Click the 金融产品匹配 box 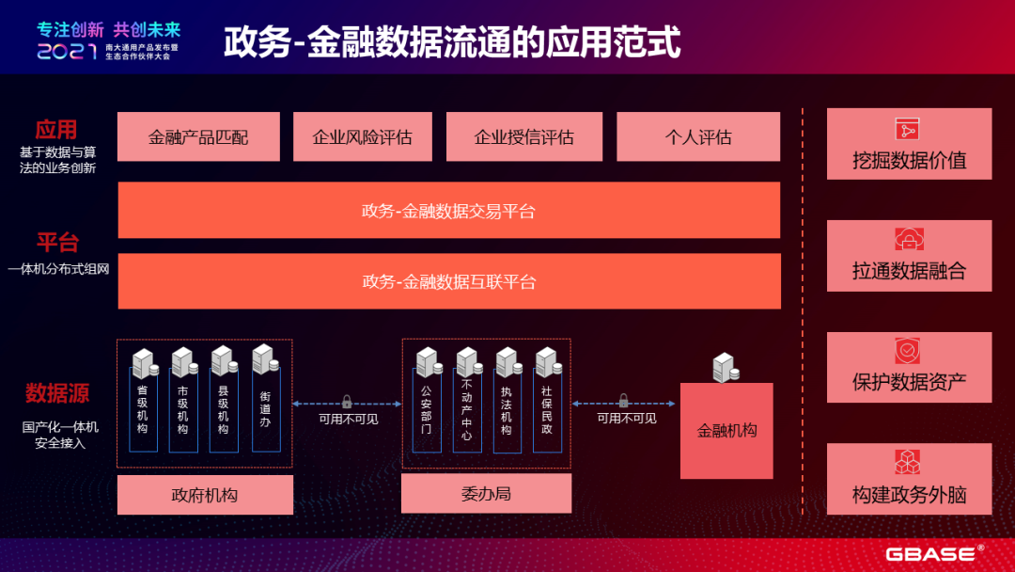198,136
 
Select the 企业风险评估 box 362,136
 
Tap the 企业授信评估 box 523,136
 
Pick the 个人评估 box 698,136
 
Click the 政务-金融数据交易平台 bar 448,210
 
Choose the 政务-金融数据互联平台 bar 448,280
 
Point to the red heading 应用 56,129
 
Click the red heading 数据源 57,391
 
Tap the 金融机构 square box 726,431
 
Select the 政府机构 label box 205,494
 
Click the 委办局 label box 486,493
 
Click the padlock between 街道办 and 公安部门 347,401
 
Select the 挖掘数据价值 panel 909,144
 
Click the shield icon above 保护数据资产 908,352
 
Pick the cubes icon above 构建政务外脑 908,463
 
